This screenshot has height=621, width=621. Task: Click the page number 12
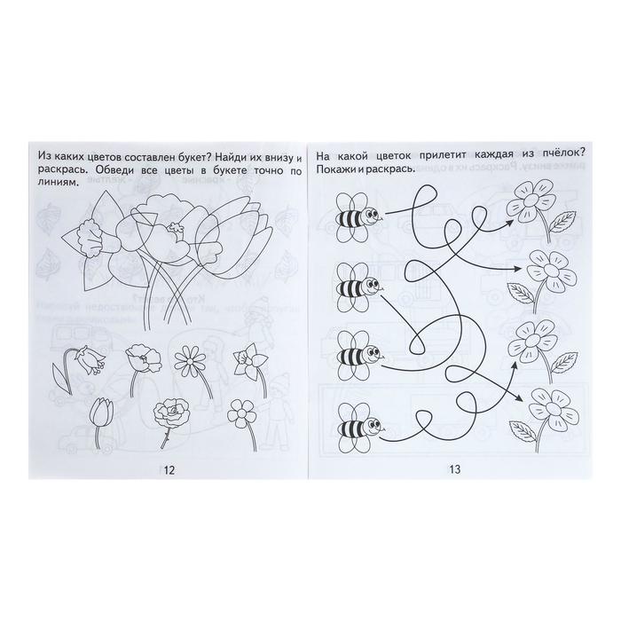coord(169,470)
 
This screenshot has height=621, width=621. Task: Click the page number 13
coord(455,469)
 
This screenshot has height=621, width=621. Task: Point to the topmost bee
coord(358,217)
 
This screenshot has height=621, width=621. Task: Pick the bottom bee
coord(358,428)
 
